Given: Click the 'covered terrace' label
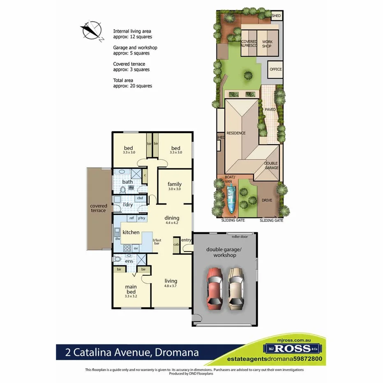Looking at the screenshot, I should pyautogui.click(x=99, y=208).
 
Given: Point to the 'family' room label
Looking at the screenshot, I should pyautogui.click(x=174, y=185).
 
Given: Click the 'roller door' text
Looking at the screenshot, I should pyautogui.click(x=240, y=237).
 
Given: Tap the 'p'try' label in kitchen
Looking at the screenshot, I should pyautogui.click(x=142, y=218).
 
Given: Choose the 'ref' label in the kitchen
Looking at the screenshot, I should pyautogui.click(x=132, y=218).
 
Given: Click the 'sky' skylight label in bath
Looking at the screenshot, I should pyautogui.click(x=131, y=187).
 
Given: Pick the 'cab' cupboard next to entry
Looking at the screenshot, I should pyautogui.click(x=176, y=244).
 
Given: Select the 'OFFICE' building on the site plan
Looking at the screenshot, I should pyautogui.click(x=276, y=69).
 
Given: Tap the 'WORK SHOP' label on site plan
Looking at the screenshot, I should pyautogui.click(x=267, y=44).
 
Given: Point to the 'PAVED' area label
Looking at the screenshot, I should pyautogui.click(x=270, y=110).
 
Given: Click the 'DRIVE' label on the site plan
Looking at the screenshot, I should pyautogui.click(x=267, y=201).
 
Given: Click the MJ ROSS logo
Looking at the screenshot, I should pyautogui.click(x=293, y=348).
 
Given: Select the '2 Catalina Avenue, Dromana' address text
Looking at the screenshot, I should pyautogui.click(x=132, y=352).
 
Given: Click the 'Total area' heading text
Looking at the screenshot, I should pyautogui.click(x=123, y=81).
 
